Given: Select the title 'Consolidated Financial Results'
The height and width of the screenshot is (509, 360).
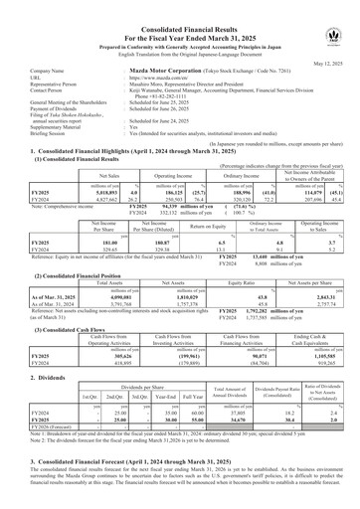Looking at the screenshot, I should click(179, 9).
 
